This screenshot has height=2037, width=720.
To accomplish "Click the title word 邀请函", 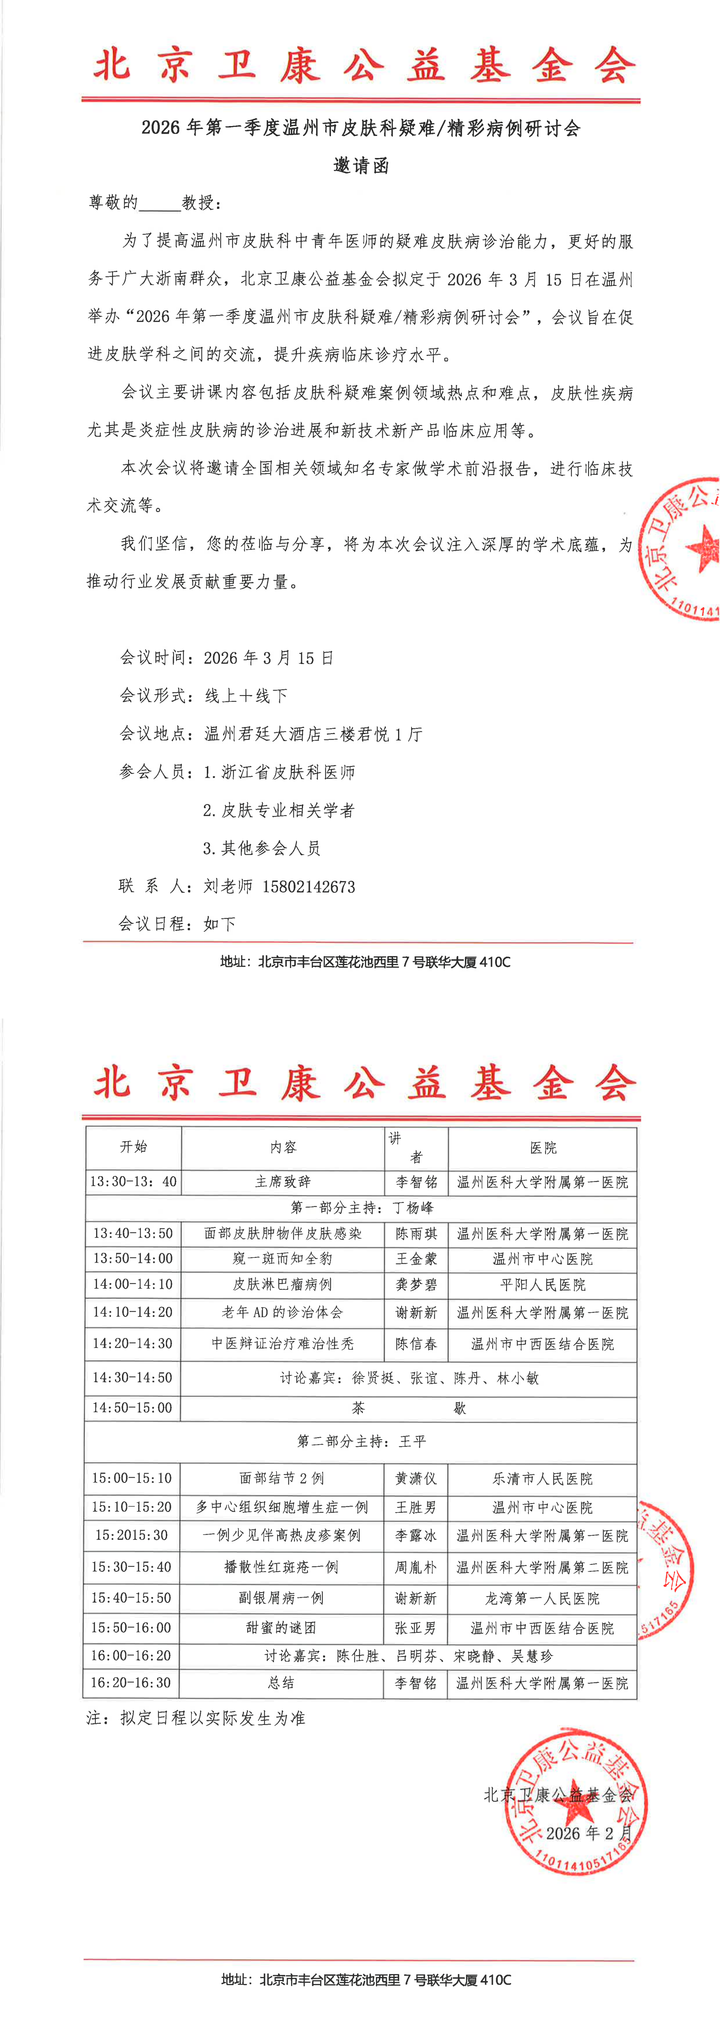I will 360,166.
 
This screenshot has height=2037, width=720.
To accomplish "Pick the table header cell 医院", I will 542,1147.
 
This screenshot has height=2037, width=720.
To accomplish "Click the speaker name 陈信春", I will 416,1344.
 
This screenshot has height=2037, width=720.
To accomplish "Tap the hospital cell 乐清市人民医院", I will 542,1478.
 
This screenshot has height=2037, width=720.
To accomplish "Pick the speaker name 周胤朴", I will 416,1567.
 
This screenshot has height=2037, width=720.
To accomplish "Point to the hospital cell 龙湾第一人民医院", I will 542,1597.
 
